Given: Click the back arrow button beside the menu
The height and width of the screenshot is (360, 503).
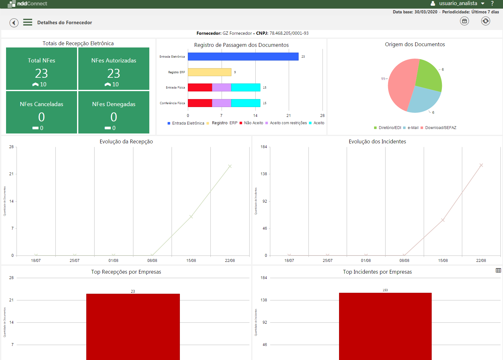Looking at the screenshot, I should coord(14,23).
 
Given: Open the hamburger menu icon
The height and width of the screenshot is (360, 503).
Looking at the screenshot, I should coord(28,22).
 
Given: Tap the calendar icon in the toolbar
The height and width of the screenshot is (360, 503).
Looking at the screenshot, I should coord(464,21).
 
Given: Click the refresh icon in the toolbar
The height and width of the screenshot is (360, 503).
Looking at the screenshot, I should coord(485,21).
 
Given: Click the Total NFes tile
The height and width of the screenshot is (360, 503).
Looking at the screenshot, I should coord(41,68).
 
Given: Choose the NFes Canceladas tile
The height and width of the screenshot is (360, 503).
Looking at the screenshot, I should coord(41,112).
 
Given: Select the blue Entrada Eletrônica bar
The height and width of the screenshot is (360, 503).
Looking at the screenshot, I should coord(243,56).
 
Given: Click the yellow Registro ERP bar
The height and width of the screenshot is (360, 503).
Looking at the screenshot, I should coord(209,72).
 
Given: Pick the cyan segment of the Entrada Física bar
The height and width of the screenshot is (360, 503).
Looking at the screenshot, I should coord(245,87).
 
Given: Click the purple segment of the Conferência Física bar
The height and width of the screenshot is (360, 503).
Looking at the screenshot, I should coord(221,103).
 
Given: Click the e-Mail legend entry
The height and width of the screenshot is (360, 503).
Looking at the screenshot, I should coord(413,128).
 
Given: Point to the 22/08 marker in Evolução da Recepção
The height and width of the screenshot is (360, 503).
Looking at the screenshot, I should coord(230,166).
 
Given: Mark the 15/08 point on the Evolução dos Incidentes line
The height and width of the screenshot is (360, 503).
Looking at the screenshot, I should coord(443,220).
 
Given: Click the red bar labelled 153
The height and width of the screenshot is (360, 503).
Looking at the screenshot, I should coord(385,325).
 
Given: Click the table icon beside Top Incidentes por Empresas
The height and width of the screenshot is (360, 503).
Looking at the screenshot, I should coord(498,270).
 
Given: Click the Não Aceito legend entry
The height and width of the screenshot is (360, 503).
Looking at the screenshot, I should coord(253,123).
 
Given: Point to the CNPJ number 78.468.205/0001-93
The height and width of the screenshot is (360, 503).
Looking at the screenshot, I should coord(289,33).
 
